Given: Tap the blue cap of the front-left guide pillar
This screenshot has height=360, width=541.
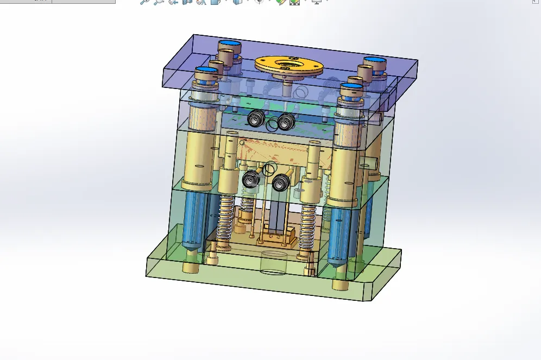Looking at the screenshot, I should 206,70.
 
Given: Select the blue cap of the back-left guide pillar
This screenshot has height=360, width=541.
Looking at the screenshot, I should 230,43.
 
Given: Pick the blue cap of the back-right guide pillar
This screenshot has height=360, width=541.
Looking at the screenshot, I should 374,60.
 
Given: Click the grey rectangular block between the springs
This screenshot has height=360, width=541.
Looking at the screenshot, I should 275,214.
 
